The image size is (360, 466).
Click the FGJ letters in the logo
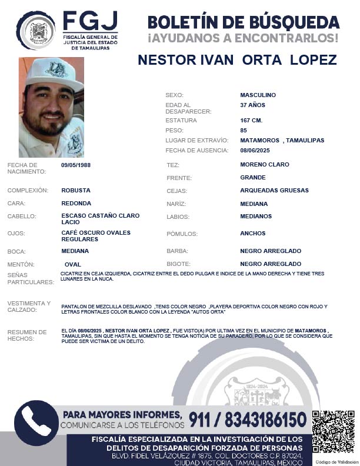pyautogui.click(x=90, y=22)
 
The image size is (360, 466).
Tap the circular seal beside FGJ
pyautogui.click(x=36, y=30)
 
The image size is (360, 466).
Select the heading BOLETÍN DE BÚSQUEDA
pyautogui.click(x=243, y=22)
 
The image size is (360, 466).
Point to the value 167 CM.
pyautogui.click(x=251, y=120)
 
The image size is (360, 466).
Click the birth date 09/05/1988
pyautogui.click(x=76, y=165)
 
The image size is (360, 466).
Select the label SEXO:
pyautogui.click(x=175, y=95)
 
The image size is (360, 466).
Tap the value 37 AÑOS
pyautogui.click(x=252, y=105)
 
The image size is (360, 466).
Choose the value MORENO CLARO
pyautogui.click(x=265, y=165)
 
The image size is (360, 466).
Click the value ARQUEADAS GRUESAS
pyautogui.click(x=274, y=191)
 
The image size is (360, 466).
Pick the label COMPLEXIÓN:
pyautogui.click(x=28, y=191)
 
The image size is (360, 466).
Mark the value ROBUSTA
pyautogui.click(x=76, y=191)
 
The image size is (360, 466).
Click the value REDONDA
pyautogui.click(x=76, y=204)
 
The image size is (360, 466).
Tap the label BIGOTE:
pyautogui.click(x=179, y=264)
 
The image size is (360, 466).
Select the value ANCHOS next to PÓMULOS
pyautogui.click(x=253, y=234)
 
